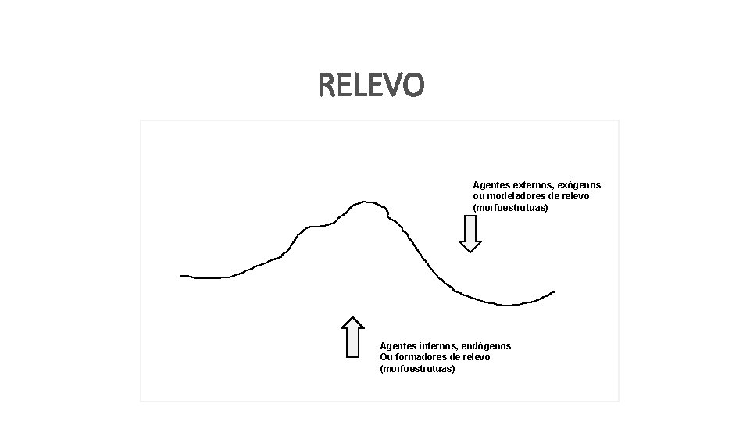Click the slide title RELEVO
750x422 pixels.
(x=371, y=85)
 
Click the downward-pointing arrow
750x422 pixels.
(x=470, y=234)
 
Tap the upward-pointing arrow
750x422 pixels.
(x=353, y=337)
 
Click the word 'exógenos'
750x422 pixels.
(x=578, y=185)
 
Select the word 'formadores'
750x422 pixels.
(x=420, y=357)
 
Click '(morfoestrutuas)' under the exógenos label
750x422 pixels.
(x=510, y=208)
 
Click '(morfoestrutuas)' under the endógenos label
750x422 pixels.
(x=417, y=369)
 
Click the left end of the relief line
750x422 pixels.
(x=181, y=275)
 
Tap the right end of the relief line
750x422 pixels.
(x=553, y=292)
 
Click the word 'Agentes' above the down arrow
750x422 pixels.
(x=491, y=185)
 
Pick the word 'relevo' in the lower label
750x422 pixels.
(x=475, y=357)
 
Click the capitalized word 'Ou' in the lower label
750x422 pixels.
(x=386, y=357)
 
